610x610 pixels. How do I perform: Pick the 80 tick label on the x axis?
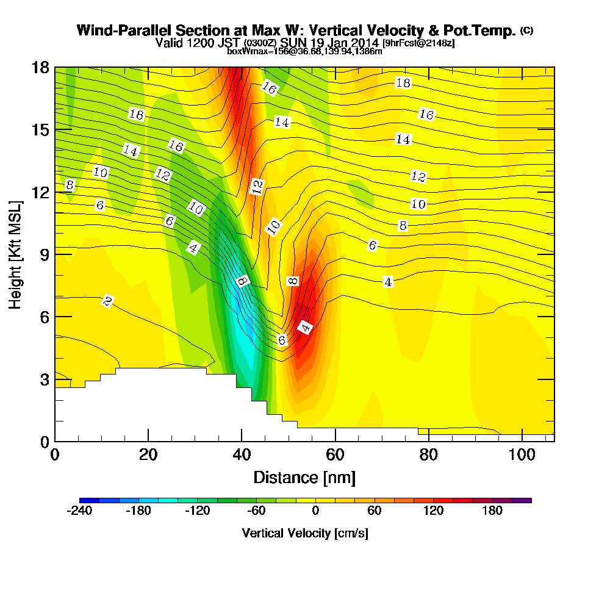click(429, 455)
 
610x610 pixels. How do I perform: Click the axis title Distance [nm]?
click(304, 477)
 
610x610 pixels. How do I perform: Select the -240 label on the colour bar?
click(79, 511)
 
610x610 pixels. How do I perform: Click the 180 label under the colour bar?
click(492, 511)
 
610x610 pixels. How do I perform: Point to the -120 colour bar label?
click(196, 511)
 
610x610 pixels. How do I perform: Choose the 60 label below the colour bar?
click(374, 511)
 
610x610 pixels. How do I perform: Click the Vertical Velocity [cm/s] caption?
click(304, 533)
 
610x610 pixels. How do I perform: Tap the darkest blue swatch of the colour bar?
click(84, 500)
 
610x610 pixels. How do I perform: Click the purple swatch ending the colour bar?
click(526, 500)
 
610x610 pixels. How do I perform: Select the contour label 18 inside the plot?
click(403, 83)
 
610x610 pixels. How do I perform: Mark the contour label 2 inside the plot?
click(107, 301)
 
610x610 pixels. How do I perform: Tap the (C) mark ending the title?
click(526, 30)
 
